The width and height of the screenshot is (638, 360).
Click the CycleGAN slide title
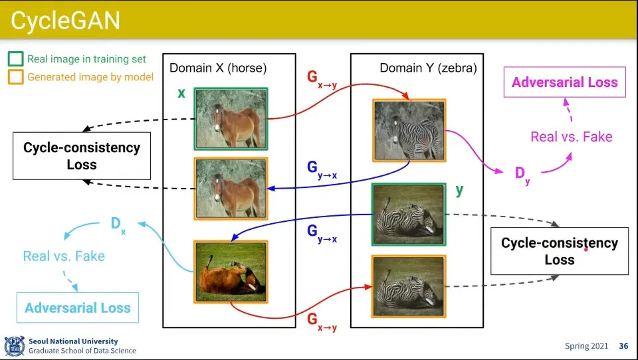65,20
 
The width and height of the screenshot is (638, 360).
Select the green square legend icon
15,59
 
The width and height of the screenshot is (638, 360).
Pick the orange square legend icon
15,77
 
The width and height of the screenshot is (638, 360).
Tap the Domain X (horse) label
218,68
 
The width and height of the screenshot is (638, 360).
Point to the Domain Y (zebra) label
428,68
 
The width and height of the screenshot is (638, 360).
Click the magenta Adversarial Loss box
565,82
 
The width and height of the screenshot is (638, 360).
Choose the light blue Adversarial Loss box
78,308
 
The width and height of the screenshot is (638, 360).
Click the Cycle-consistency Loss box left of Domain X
82,156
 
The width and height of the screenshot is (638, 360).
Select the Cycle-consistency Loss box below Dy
560,251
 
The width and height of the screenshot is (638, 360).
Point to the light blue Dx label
118,225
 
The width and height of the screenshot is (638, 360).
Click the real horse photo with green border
231,119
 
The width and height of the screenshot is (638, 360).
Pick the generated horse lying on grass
231,272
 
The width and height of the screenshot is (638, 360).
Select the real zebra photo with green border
409,215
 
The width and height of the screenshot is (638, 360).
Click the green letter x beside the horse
181,93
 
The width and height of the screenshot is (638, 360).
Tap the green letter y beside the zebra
459,191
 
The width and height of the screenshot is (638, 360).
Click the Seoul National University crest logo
14,346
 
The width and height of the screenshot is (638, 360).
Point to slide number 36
623,346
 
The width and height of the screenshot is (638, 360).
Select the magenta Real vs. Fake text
572,137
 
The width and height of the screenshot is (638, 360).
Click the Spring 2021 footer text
586,346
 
